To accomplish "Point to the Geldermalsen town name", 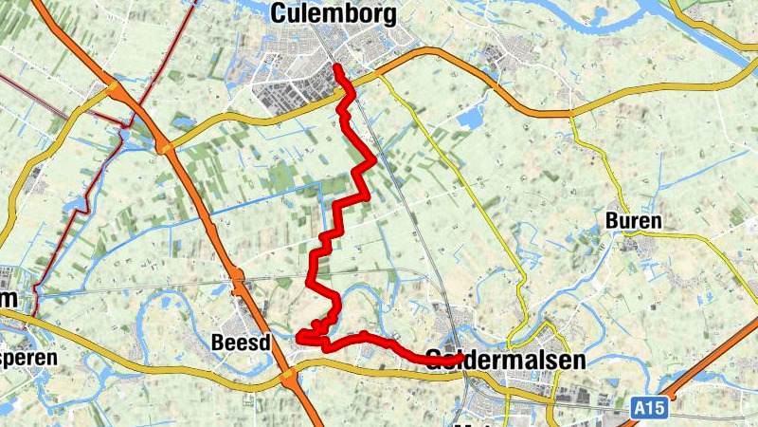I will click(x=506, y=360).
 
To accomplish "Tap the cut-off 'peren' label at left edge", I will click(x=27, y=359).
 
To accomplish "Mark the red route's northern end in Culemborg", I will click(x=336, y=66).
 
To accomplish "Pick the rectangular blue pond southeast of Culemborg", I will click(x=471, y=118).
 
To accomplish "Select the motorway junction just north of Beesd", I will click(x=237, y=276).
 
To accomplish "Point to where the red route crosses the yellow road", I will click(x=345, y=93).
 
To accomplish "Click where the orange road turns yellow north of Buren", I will click(x=571, y=113).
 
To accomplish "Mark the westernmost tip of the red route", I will click(x=298, y=336).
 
